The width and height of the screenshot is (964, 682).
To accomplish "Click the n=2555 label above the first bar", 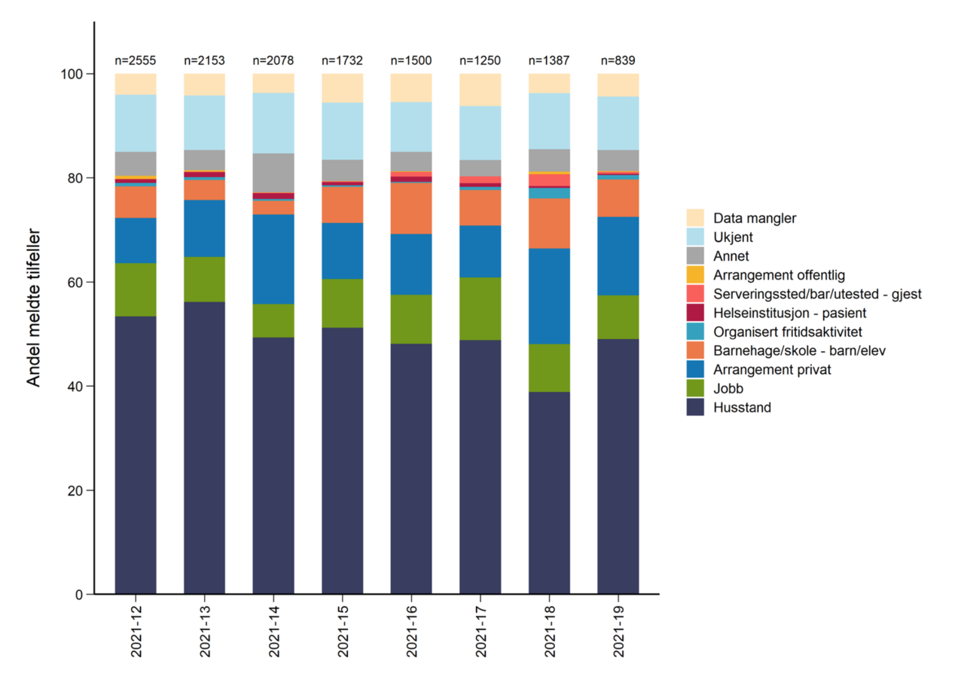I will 136,60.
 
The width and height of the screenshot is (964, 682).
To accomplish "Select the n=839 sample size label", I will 618,60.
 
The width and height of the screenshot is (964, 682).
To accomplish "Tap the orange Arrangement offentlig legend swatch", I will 696,275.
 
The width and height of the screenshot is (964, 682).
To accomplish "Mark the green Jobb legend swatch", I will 696,389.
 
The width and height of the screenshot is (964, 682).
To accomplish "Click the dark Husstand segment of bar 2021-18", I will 549,493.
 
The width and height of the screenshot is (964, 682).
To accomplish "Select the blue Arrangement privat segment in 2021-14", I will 273,259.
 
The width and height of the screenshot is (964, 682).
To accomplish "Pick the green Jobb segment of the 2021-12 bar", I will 136,289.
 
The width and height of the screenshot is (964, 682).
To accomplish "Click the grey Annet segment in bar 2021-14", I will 273,173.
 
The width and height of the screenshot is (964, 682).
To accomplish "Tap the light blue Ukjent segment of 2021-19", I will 618,123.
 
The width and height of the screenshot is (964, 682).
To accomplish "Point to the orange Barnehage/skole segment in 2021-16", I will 411,208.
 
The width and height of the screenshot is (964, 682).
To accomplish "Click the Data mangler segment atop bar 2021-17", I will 480,90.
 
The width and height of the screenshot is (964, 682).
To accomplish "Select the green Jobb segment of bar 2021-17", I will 480,308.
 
